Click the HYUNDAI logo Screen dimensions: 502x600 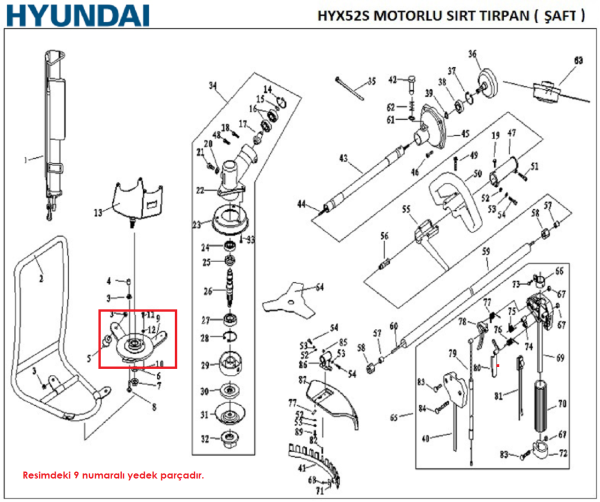pos(75,17)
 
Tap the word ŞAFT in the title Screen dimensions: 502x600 pos(556,16)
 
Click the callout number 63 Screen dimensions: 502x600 pos(577,60)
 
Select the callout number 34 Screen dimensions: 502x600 pos(212,86)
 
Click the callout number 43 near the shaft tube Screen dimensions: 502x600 pos(343,158)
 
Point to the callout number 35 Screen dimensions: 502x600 pos(371,81)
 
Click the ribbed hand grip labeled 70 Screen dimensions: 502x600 pos(545,409)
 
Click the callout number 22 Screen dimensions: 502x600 pos(201,190)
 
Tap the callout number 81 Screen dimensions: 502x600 pos(499,396)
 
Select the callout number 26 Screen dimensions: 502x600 pos(206,292)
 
